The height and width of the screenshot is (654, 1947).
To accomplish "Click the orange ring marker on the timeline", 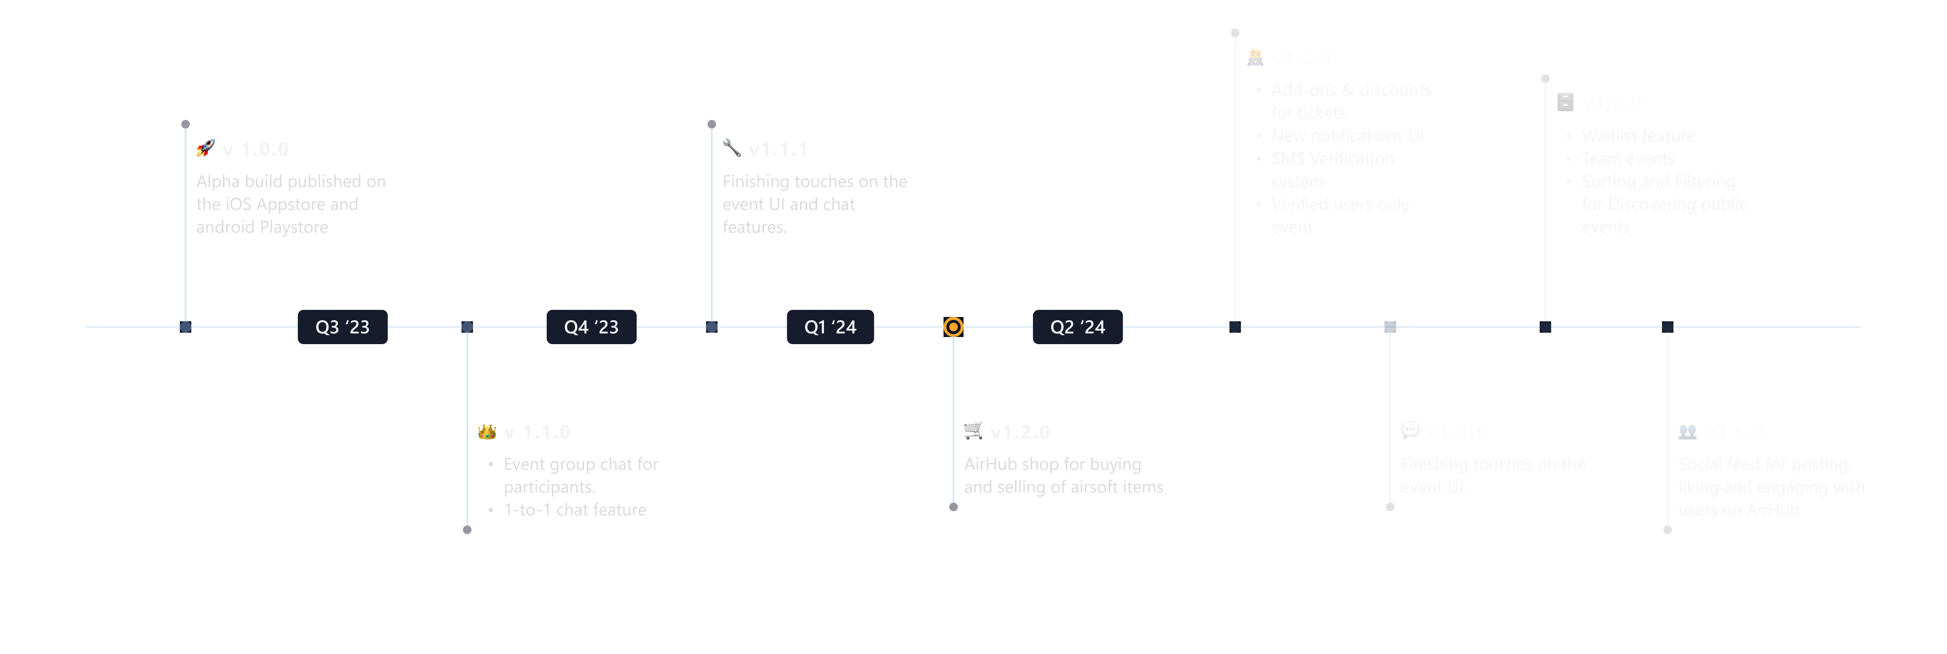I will pyautogui.click(x=953, y=327).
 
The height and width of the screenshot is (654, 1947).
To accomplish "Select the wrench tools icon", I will pyautogui.click(x=732, y=147).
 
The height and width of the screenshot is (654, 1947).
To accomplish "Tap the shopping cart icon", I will pyautogui.click(x=973, y=430).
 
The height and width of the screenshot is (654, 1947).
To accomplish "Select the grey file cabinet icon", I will pyautogui.click(x=1565, y=101).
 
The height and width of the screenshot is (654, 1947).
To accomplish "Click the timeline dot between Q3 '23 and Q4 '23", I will pyautogui.click(x=467, y=327).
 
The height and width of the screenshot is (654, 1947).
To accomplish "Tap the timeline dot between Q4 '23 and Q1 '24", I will pyautogui.click(x=711, y=327).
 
